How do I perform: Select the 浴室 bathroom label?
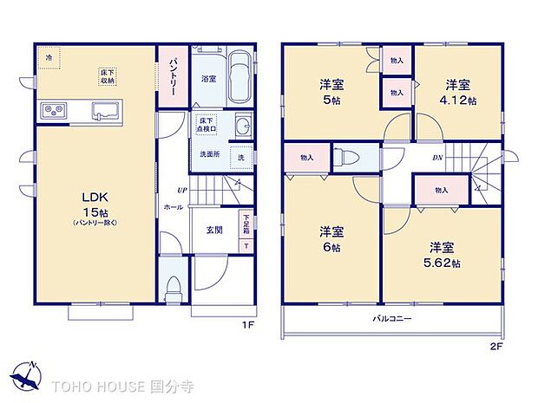pos(208,79)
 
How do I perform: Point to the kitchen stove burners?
pos(52,111)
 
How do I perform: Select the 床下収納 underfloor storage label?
pos(108,76)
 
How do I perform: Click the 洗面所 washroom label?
pos(209,154)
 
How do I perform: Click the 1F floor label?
pos(247,326)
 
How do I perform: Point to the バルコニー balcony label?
pos(393,319)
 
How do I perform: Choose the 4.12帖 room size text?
pos(461,101)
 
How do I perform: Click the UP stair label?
pos(180,190)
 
